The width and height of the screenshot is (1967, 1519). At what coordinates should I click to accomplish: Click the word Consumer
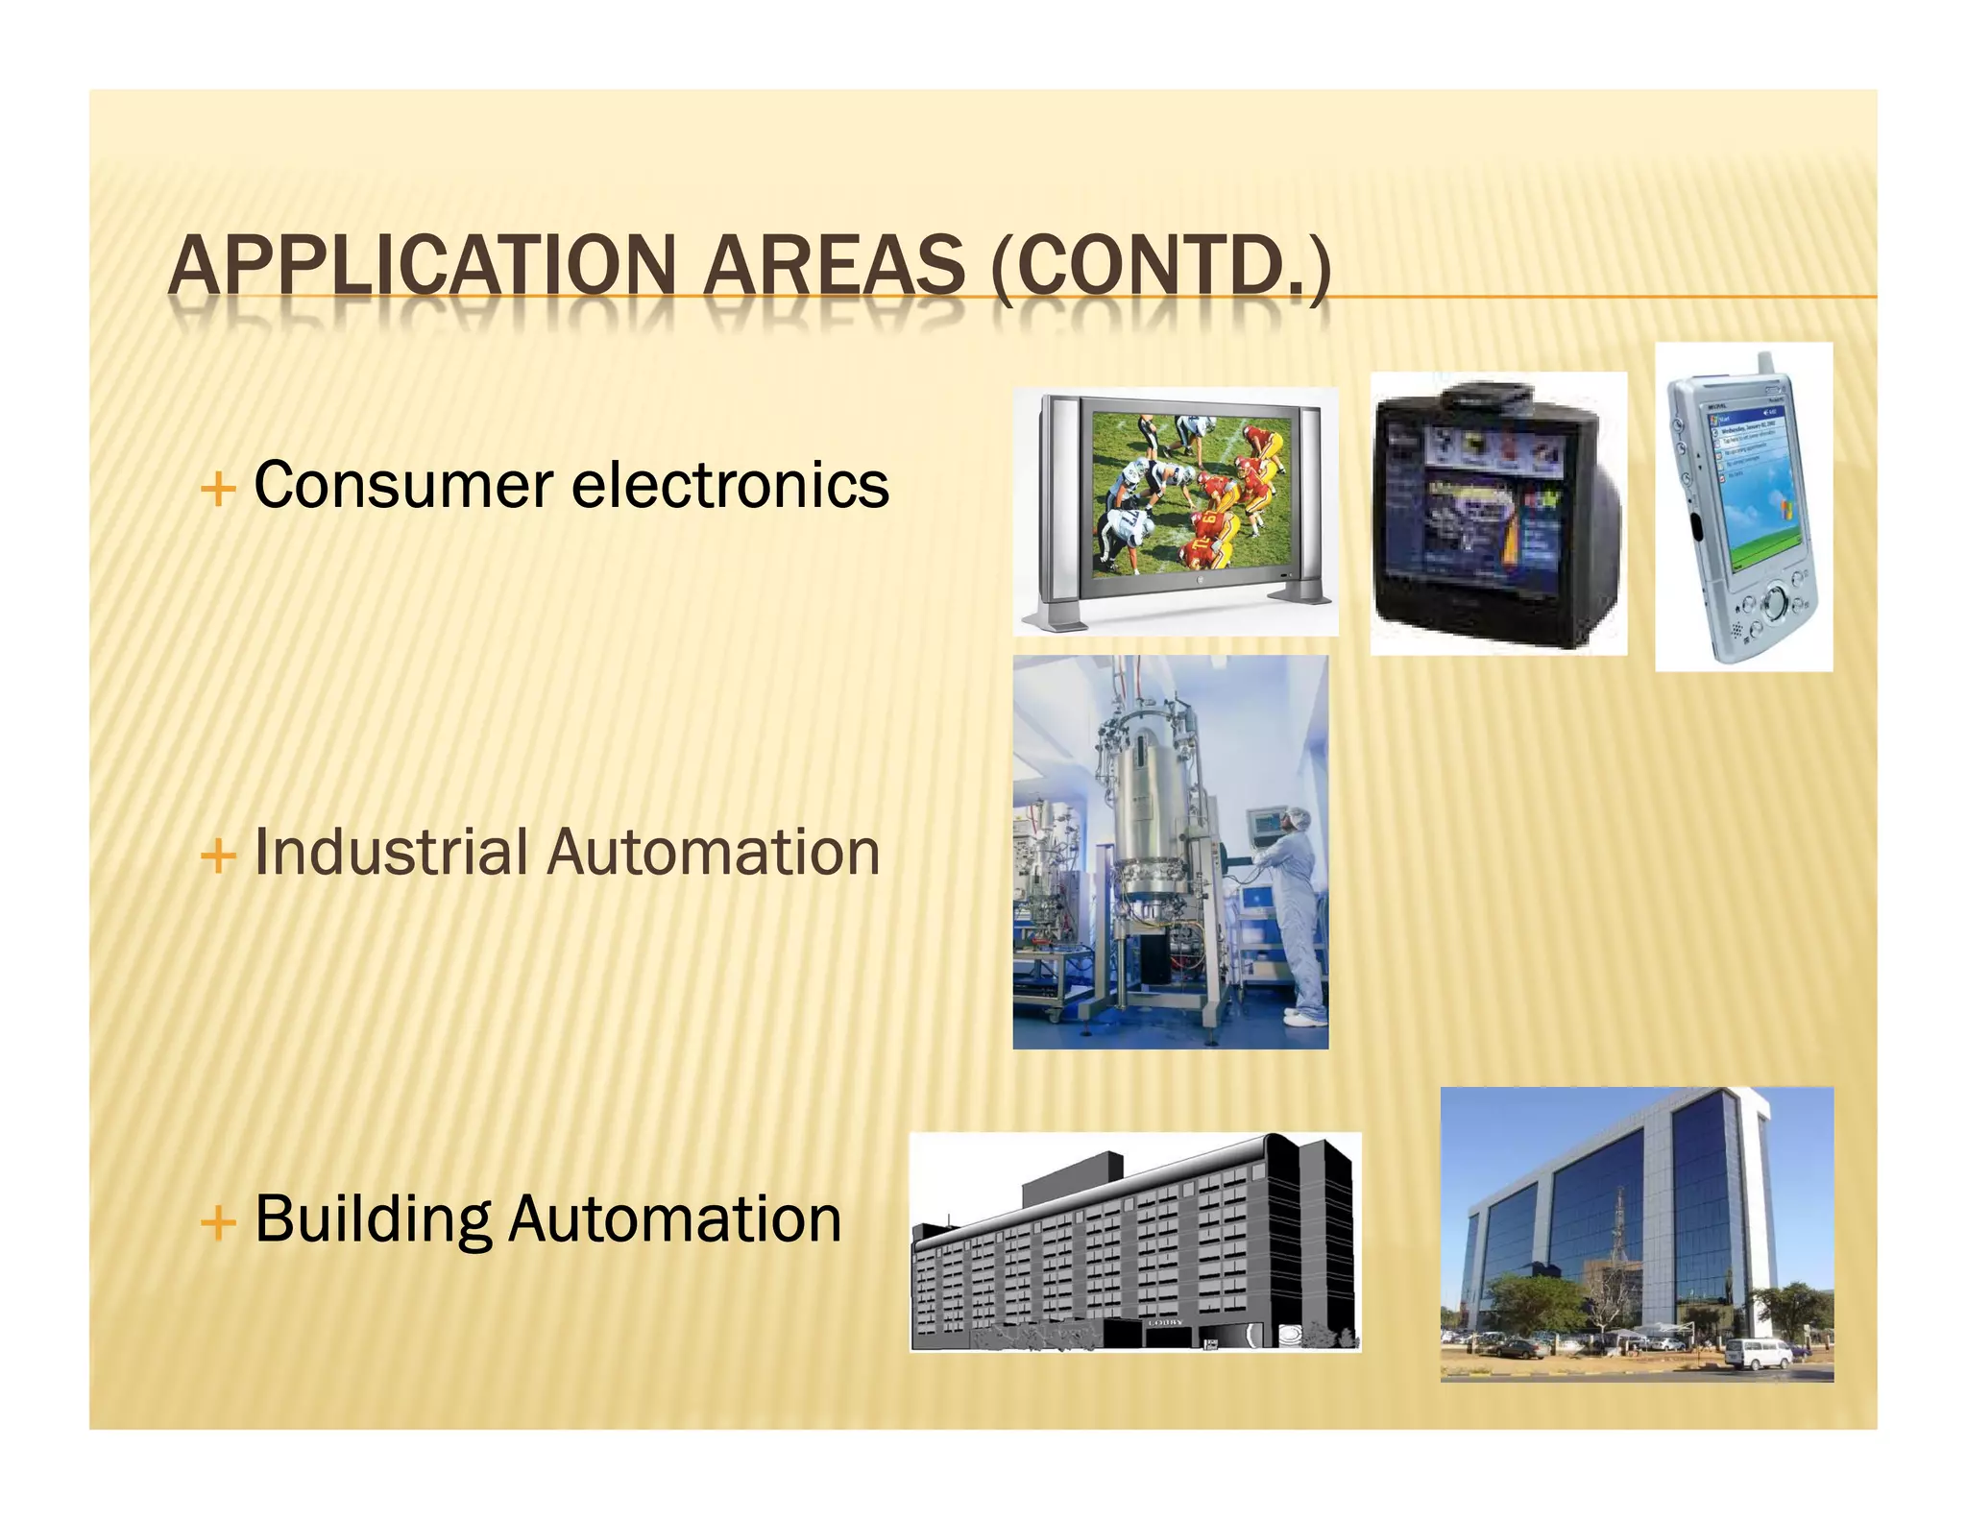[403, 485]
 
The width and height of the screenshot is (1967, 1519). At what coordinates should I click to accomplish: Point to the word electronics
[730, 485]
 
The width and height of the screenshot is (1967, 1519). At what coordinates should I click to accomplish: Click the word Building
[373, 1219]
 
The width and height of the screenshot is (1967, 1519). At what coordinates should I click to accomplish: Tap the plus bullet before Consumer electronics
[219, 489]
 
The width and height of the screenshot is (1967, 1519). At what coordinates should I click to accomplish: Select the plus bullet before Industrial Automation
[219, 856]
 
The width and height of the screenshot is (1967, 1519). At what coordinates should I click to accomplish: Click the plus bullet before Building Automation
[219, 1222]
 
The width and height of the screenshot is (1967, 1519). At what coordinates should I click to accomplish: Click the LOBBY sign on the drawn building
[1165, 1322]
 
